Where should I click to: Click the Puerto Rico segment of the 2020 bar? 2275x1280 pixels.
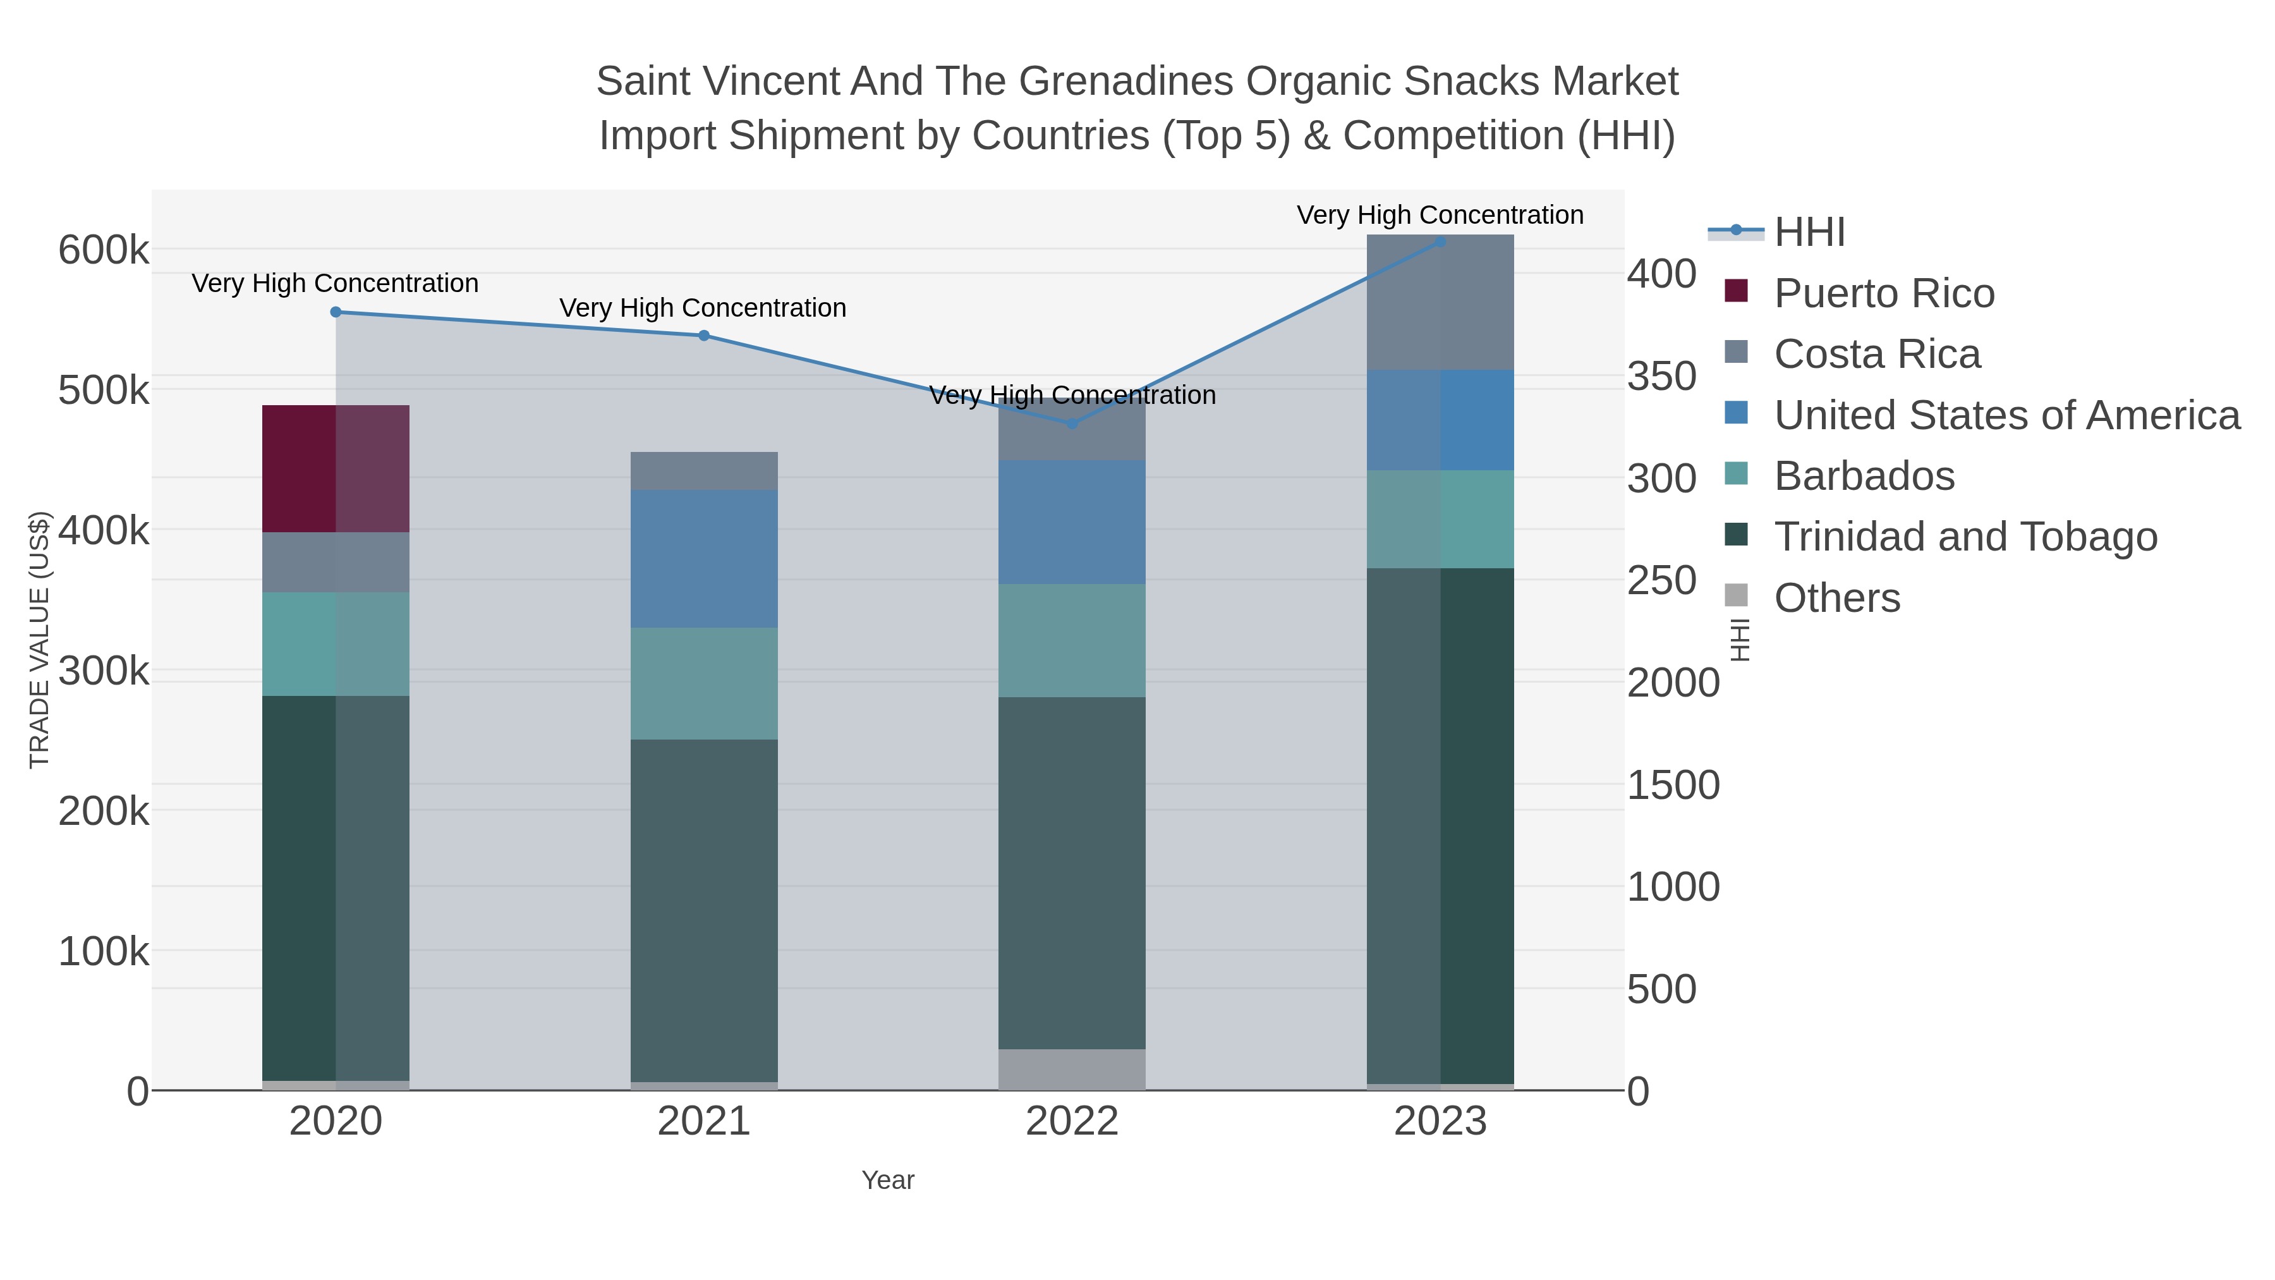[336, 468]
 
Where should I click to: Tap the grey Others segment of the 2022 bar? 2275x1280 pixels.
[1071, 1069]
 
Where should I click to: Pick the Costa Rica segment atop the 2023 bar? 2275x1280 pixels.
[1440, 302]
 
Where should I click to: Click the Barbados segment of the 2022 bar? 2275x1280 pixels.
[1071, 640]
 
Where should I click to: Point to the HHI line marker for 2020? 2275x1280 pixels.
[336, 312]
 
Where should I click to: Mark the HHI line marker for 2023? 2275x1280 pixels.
[1440, 241]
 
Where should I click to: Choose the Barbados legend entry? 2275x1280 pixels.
[1864, 476]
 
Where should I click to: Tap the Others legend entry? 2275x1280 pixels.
[1837, 598]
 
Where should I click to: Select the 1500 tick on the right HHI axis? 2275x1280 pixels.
[1673, 785]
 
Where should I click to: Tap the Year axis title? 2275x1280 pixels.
[888, 1180]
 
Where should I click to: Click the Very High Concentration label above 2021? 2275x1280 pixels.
[703, 308]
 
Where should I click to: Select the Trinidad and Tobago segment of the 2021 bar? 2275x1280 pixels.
[704, 910]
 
